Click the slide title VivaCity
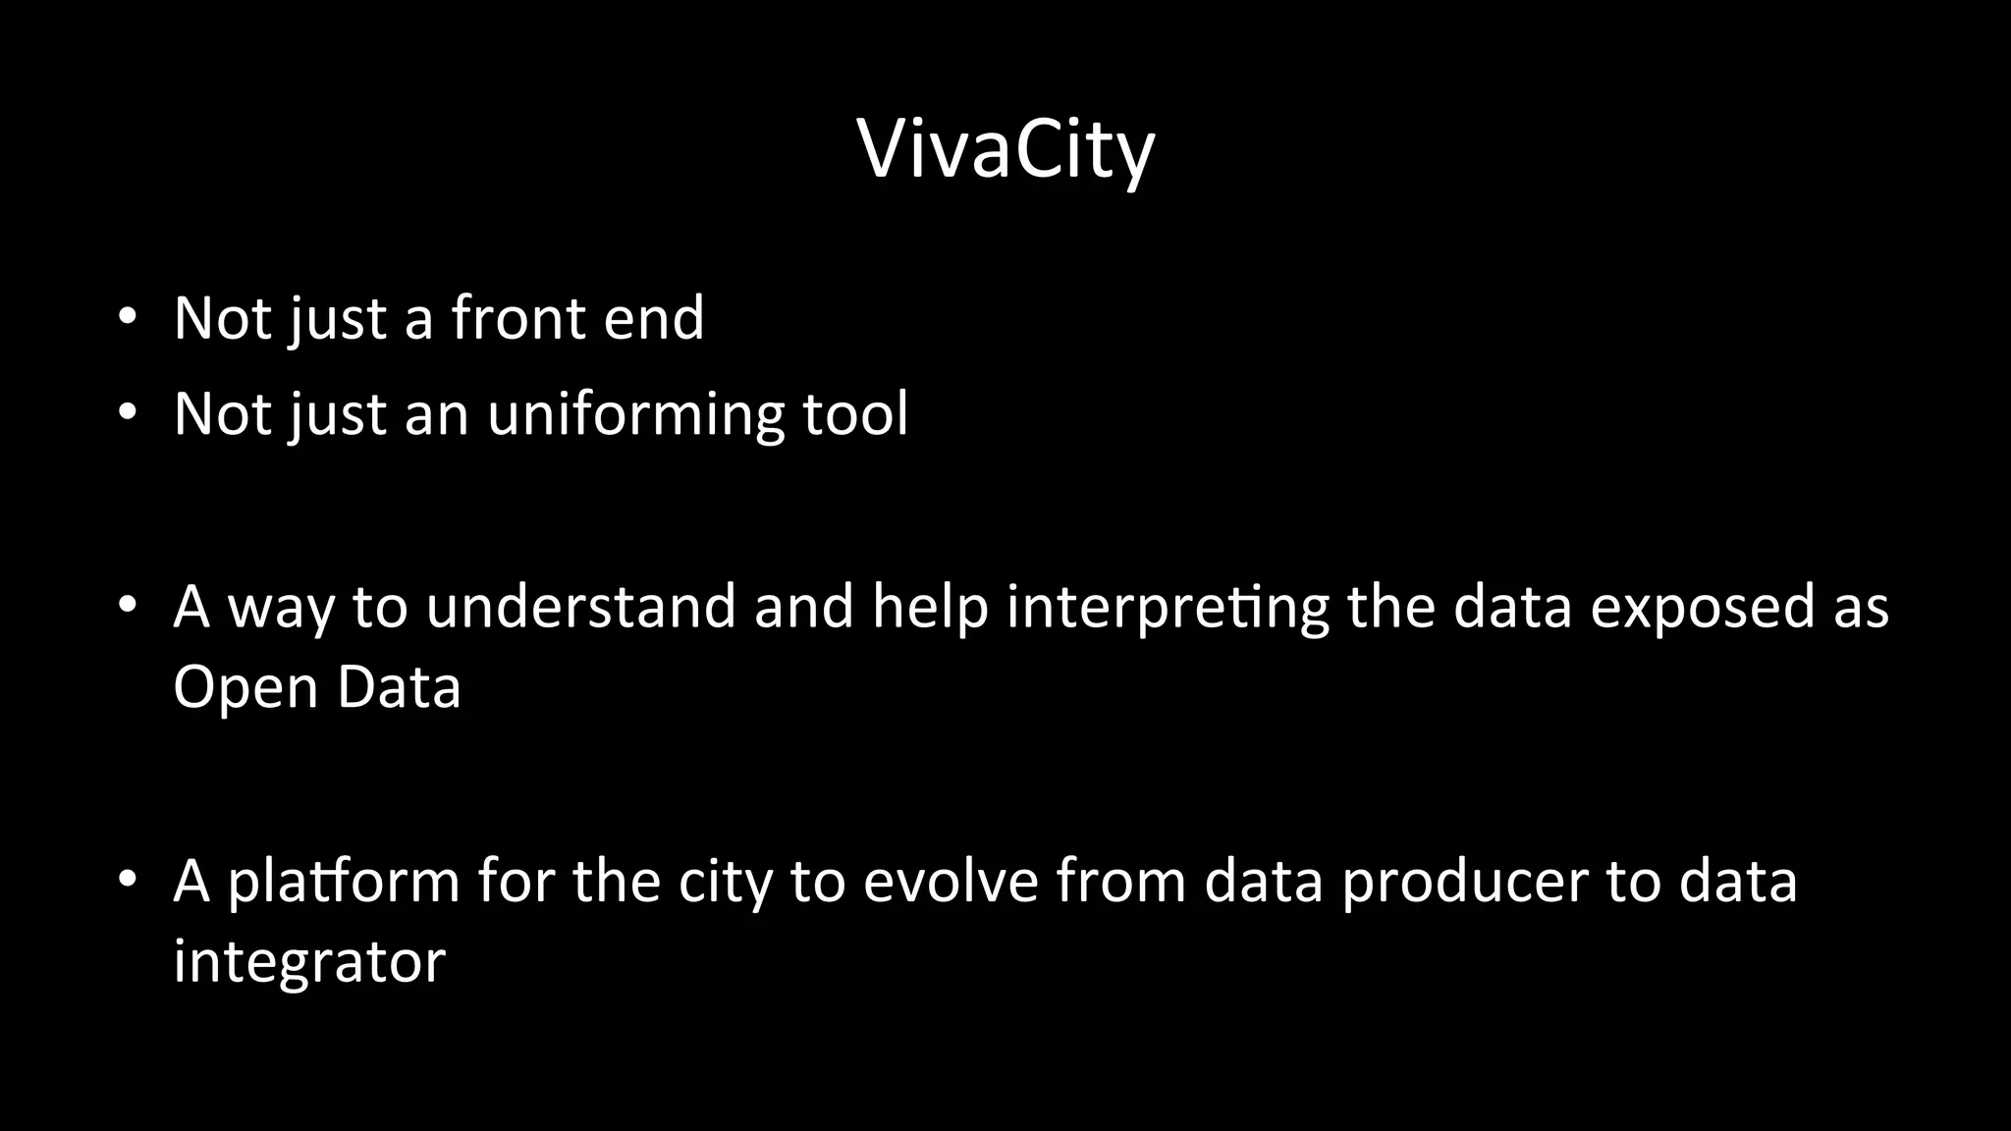(1005, 149)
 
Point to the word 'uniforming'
(635, 414)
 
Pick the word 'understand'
(580, 606)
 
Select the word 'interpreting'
(1168, 608)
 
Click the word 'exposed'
(1703, 608)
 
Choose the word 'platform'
(344, 881)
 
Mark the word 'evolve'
(950, 881)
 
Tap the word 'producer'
(1464, 881)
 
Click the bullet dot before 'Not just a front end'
(126, 319)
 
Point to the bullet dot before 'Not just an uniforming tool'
(126, 414)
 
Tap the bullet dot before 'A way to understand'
(126, 607)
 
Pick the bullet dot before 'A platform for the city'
(126, 881)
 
